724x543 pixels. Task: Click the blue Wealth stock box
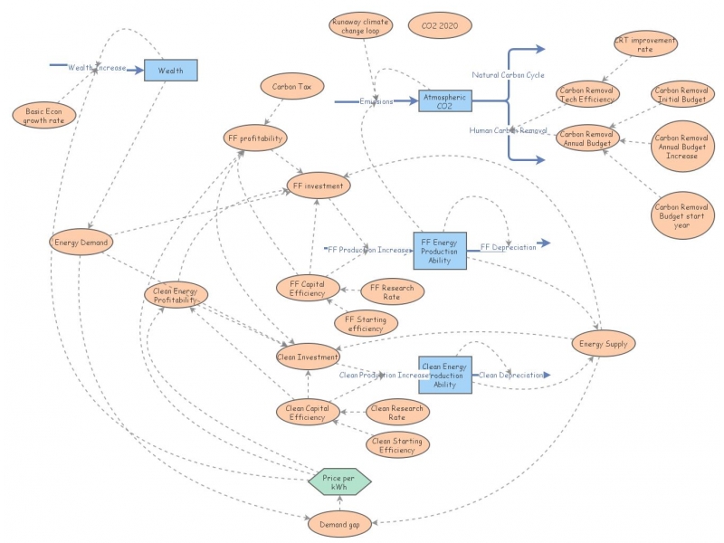[170, 71]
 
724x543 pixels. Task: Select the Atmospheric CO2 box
[444, 100]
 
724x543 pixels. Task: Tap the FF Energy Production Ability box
[440, 251]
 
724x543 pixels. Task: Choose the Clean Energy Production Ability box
[444, 374]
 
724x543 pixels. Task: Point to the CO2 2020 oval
[440, 26]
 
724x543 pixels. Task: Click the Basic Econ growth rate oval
[43, 115]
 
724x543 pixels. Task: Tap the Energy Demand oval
[81, 242]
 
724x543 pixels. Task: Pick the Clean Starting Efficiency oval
[397, 444]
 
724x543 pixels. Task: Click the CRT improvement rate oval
[644, 43]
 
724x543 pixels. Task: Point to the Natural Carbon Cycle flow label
[508, 74]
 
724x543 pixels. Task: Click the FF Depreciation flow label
[508, 246]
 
